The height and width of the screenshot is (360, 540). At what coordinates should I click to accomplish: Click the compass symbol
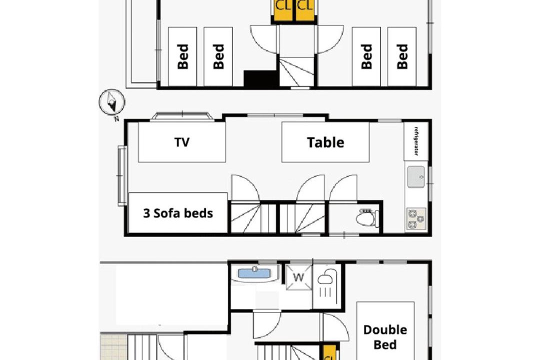pyautogui.click(x=112, y=101)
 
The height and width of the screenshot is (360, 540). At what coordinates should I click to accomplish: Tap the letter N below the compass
pyautogui.click(x=116, y=119)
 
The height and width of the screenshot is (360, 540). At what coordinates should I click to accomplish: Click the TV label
pyautogui.click(x=182, y=142)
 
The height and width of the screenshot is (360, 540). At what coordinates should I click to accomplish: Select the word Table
pyautogui.click(x=325, y=142)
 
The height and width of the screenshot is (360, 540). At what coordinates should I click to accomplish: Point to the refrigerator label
pyautogui.click(x=416, y=141)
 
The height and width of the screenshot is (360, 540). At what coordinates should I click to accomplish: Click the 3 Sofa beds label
pyautogui.click(x=178, y=213)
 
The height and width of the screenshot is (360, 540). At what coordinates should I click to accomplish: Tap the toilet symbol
pyautogui.click(x=367, y=217)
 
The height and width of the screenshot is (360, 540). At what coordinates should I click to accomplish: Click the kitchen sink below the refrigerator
pyautogui.click(x=416, y=176)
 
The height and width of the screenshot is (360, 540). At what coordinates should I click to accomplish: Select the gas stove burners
pyautogui.click(x=416, y=219)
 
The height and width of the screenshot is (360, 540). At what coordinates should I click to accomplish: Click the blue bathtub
pyautogui.click(x=254, y=273)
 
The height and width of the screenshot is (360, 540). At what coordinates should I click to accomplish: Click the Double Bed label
pyautogui.click(x=385, y=337)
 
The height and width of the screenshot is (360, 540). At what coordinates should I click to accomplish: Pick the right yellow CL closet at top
pyautogui.click(x=305, y=10)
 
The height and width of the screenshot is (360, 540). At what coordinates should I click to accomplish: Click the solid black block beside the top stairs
pyautogui.click(x=260, y=78)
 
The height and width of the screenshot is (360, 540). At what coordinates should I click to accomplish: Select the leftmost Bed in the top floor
pyautogui.click(x=182, y=56)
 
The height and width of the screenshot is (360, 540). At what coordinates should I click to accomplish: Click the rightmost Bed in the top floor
pyautogui.click(x=402, y=56)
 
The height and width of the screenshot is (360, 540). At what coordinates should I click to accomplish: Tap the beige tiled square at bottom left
pyautogui.click(x=113, y=346)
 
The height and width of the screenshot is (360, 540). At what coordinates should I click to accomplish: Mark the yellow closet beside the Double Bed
pyautogui.click(x=329, y=352)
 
